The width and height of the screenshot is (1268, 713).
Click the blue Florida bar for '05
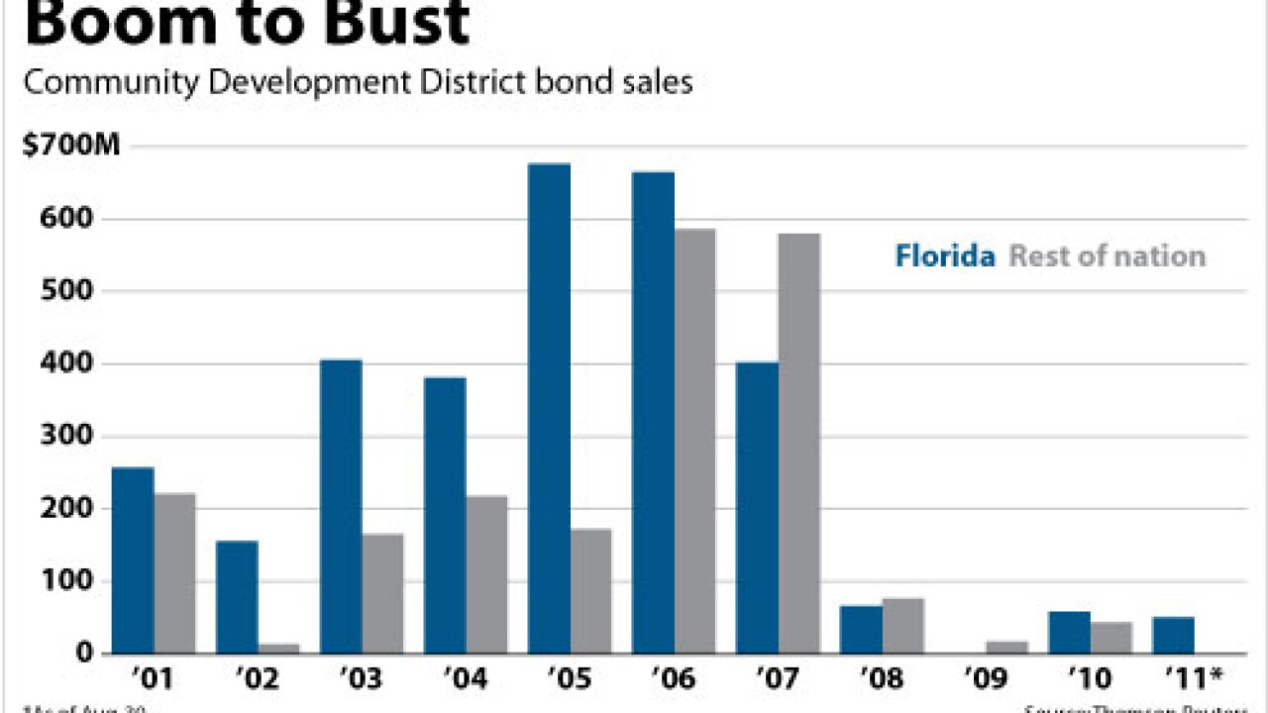pyautogui.click(x=549, y=408)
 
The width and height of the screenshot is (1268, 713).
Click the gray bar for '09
pyautogui.click(x=1006, y=647)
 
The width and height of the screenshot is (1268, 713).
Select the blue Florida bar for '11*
pyautogui.click(x=1173, y=635)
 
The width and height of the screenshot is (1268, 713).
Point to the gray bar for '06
pyautogui.click(x=694, y=441)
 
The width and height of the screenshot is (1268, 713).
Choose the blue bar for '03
pyautogui.click(x=341, y=506)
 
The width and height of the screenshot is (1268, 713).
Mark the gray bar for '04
pyautogui.click(x=486, y=574)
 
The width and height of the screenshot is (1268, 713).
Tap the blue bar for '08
pyautogui.click(x=861, y=629)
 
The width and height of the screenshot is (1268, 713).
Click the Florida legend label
pyautogui.click(x=945, y=256)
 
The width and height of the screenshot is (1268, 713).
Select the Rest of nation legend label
pyautogui.click(x=1107, y=256)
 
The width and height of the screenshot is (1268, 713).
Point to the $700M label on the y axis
pyautogui.click(x=70, y=147)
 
